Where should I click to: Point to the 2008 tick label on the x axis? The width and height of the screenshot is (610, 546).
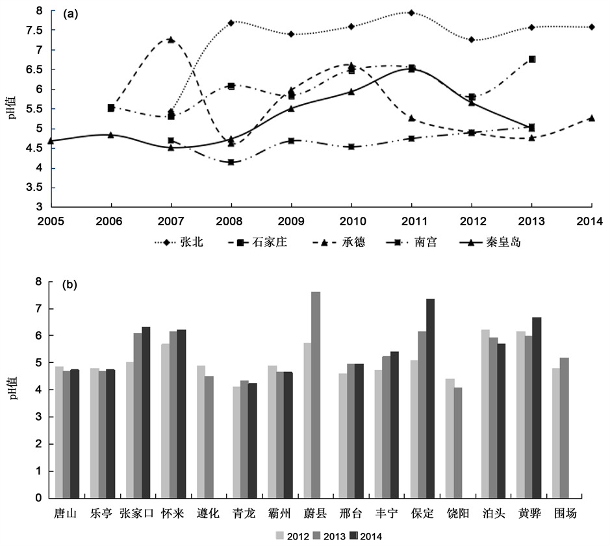[x=231, y=221]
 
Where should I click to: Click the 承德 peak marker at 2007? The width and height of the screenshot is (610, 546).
[x=170, y=40]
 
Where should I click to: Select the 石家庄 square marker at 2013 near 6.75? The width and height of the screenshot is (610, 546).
[x=532, y=59]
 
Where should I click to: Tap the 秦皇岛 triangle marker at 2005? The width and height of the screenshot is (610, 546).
[x=50, y=140]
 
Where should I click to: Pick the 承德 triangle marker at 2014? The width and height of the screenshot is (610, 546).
[x=592, y=118]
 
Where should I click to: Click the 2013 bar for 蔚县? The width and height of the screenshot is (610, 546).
[x=316, y=395]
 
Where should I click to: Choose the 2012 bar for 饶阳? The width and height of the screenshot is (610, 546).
[x=450, y=438]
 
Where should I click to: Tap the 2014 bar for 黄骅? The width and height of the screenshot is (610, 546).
[x=537, y=408]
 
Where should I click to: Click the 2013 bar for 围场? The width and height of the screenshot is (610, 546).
[x=565, y=428]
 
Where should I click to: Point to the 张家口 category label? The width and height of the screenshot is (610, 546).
[x=137, y=514]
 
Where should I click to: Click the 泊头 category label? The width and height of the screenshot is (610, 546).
[x=492, y=514]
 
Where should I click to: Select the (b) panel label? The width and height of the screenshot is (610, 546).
[x=70, y=284]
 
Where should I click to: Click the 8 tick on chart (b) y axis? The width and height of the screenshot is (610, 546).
[x=39, y=282]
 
